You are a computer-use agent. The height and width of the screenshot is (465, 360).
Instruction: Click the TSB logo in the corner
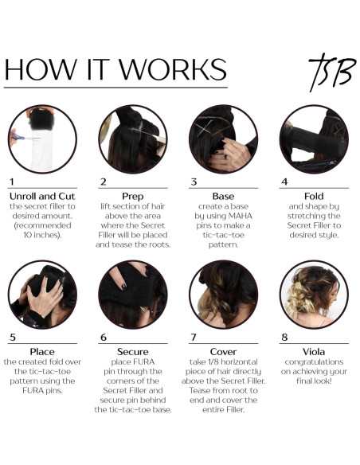332,72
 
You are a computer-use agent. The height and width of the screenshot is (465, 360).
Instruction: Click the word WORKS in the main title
173,69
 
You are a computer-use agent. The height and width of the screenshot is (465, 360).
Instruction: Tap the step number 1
12,182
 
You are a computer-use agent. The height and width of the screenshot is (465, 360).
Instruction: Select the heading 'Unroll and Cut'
42,197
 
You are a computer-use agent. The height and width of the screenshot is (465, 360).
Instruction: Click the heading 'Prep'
132,197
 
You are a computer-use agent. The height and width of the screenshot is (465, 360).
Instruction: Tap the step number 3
194,182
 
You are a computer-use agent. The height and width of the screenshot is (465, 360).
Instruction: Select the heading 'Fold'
314,197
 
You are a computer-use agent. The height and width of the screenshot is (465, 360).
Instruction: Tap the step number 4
284,182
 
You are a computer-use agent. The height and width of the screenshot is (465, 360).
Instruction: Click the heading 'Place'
42,352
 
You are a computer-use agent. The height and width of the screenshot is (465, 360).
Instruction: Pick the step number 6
104,337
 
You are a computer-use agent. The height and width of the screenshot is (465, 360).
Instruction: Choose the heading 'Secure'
132,352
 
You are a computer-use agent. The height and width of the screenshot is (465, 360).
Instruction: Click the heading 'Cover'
223,352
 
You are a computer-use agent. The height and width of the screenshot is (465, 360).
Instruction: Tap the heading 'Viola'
314,352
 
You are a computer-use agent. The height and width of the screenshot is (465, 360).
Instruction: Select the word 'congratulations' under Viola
314,362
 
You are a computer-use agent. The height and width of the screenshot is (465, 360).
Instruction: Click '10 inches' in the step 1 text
42,235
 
